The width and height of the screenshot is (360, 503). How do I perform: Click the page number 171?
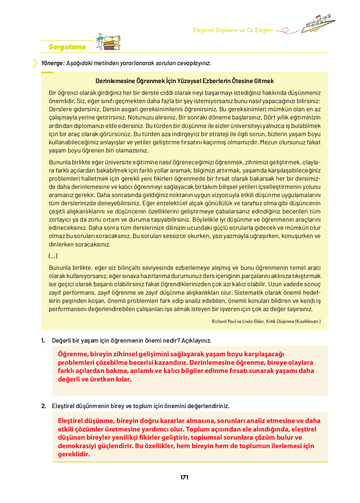tap(184, 477)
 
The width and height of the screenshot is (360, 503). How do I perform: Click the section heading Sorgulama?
tap(67, 47)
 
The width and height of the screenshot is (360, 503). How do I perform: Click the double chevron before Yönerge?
tap(35, 63)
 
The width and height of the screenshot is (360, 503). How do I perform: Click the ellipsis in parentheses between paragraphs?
tap(53, 256)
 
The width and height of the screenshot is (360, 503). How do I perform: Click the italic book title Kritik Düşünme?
tap(280, 321)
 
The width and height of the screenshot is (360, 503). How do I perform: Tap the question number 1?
tap(43, 340)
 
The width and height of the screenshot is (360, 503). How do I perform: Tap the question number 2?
tap(44, 406)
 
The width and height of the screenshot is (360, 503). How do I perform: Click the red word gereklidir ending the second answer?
tap(74, 454)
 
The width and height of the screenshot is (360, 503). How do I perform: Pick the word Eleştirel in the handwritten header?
tap(204, 30)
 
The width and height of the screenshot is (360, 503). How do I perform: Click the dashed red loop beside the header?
tap(285, 30)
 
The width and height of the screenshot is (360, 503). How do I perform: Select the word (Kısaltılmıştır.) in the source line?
tap(308, 321)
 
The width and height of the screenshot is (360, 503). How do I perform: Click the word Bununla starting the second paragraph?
tap(59, 162)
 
